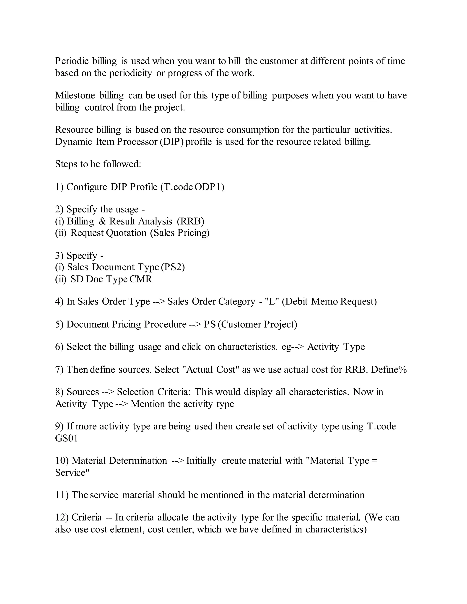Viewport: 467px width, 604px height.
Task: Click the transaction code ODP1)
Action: click(209, 187)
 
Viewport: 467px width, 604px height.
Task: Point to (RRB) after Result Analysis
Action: click(190, 221)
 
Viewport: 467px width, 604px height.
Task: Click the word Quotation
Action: click(126, 233)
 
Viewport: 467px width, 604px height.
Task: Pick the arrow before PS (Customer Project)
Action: click(195, 324)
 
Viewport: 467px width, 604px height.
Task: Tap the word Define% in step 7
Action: click(389, 370)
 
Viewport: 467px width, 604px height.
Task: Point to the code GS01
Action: click(66, 438)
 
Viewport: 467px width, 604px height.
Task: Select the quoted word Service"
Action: click(72, 473)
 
